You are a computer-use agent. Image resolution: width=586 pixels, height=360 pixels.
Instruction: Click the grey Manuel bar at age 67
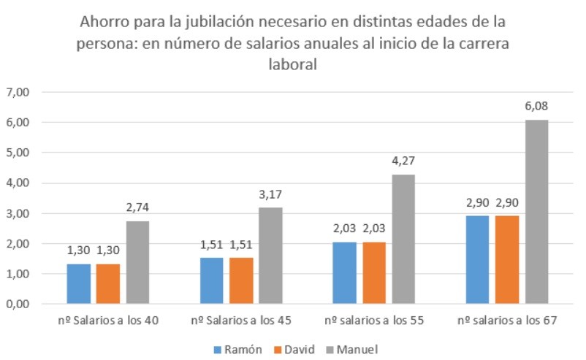pos(536,212)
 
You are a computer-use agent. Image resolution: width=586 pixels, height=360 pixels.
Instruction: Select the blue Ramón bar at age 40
pos(79,284)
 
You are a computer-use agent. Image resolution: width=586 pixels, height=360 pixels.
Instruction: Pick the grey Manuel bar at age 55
pos(403,240)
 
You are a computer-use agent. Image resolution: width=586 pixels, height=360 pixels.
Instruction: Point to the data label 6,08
pos(536,107)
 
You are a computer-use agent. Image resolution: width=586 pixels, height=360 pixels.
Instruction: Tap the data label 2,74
pos(137,208)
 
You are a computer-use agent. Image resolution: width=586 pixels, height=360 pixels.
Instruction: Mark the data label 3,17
pos(270,195)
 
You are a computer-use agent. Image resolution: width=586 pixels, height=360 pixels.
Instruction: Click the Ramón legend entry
pos(240,348)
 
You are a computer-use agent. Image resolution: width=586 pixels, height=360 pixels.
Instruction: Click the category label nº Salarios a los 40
pos(108,321)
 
